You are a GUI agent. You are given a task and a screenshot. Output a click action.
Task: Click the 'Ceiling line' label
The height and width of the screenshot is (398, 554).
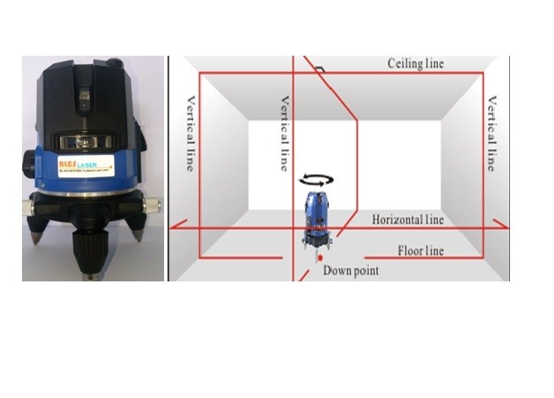coord(415,64)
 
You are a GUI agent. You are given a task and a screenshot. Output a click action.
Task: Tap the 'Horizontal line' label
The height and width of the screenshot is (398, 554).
coord(408,220)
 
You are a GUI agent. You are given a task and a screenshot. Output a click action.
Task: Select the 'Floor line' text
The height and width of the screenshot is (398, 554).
coord(420,251)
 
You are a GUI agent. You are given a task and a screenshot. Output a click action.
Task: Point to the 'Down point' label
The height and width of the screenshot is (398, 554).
coord(350,270)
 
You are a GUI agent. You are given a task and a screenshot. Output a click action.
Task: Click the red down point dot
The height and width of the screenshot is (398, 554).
coord(320,257)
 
